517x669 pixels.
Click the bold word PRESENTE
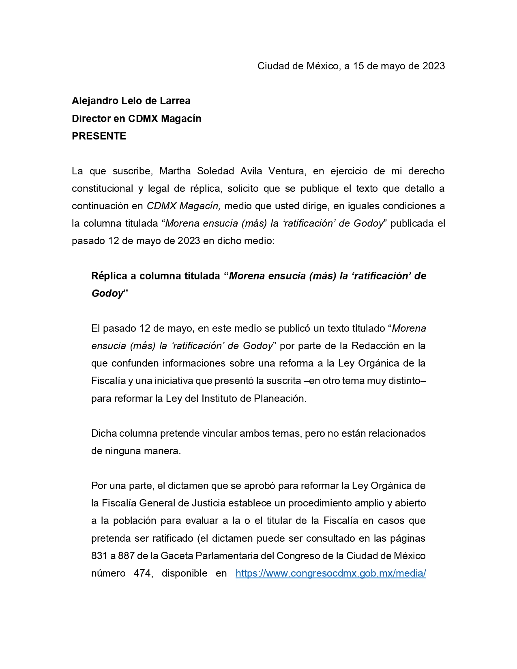(x=99, y=136)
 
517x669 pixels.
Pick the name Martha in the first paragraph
(x=175, y=171)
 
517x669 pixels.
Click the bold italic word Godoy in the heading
(x=107, y=294)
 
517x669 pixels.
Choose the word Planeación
(x=280, y=399)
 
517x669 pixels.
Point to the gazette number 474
(x=142, y=573)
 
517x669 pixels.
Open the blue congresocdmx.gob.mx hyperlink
(x=330, y=573)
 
